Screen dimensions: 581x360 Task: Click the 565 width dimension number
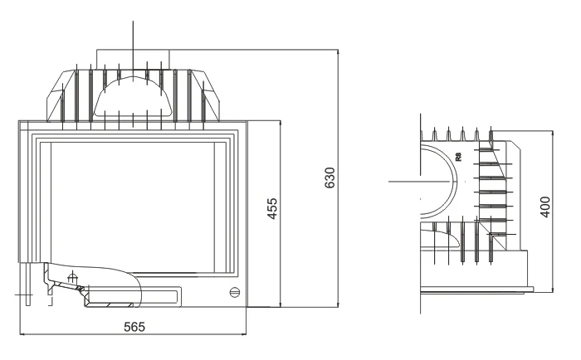[x=134, y=327]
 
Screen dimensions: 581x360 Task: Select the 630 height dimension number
[x=330, y=178]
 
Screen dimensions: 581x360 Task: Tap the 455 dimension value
[x=272, y=208]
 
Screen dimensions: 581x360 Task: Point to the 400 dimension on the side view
[x=545, y=207]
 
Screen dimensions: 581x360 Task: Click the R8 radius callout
[x=459, y=157]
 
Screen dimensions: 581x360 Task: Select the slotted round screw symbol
[x=235, y=292]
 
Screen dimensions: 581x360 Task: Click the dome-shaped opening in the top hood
[x=133, y=96]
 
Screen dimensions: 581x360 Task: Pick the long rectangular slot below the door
[x=134, y=296]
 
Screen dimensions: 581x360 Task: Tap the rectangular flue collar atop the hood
[x=133, y=59]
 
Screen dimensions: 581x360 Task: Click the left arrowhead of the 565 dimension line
[x=22, y=334]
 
